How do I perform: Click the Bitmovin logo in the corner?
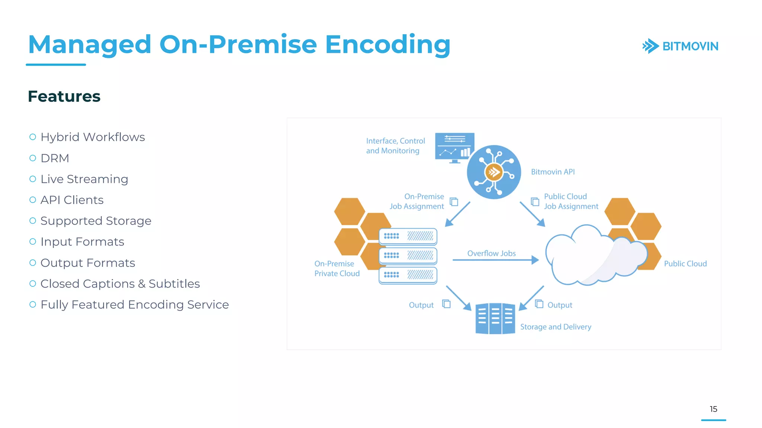click(680, 46)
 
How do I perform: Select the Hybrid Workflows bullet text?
click(92, 137)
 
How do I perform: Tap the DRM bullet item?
click(55, 158)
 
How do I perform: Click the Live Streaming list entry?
click(84, 179)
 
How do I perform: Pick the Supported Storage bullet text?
click(96, 221)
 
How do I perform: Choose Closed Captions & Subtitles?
click(120, 284)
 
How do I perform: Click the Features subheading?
click(64, 96)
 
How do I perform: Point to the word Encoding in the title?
click(388, 45)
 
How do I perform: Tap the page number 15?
click(713, 409)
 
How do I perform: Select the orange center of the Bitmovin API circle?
click(494, 172)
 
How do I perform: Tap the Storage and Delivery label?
click(556, 327)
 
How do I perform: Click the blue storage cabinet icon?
click(495, 319)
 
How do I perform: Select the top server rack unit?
click(408, 236)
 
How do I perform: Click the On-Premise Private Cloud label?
click(337, 268)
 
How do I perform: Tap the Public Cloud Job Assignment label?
click(571, 201)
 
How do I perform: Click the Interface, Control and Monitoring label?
click(395, 146)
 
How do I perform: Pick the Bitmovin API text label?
click(553, 172)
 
